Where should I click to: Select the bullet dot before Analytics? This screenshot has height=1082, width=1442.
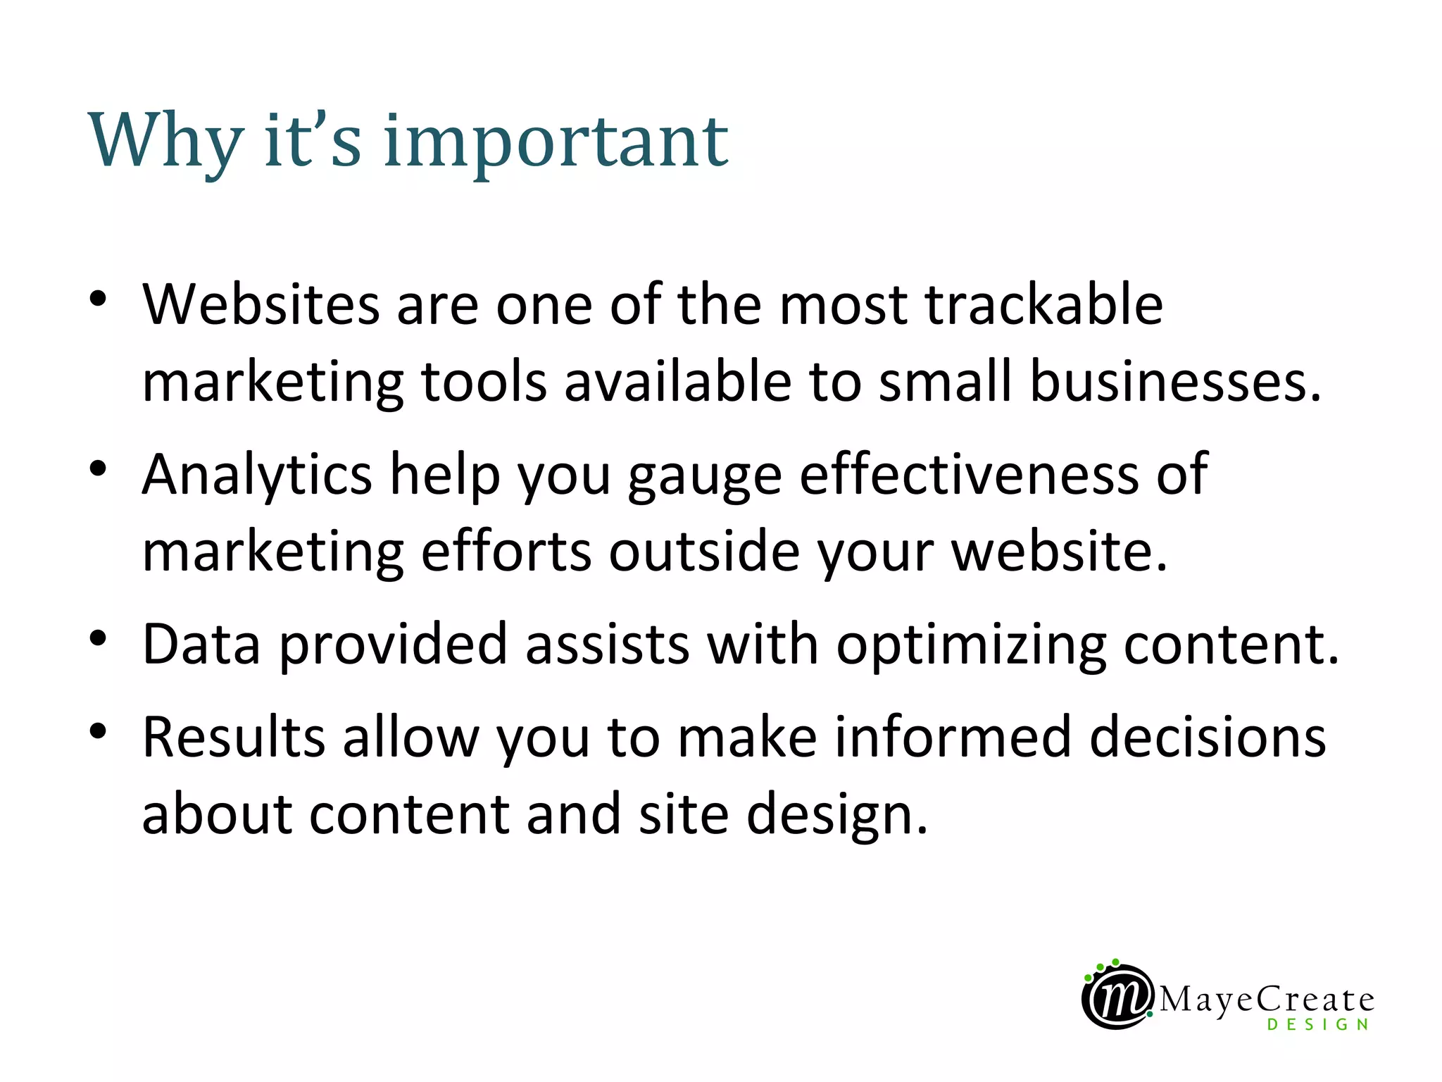pos(98,468)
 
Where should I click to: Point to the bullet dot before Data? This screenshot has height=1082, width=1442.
pos(98,638)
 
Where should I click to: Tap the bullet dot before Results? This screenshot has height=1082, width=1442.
pos(98,730)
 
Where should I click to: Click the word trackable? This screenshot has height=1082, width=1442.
pos(1043,304)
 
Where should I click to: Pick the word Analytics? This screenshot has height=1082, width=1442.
pos(257,475)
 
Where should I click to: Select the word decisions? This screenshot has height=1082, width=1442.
pos(1208,737)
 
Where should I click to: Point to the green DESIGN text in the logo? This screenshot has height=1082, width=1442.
pos(1317,1025)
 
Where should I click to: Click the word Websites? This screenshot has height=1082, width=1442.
pos(261,304)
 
